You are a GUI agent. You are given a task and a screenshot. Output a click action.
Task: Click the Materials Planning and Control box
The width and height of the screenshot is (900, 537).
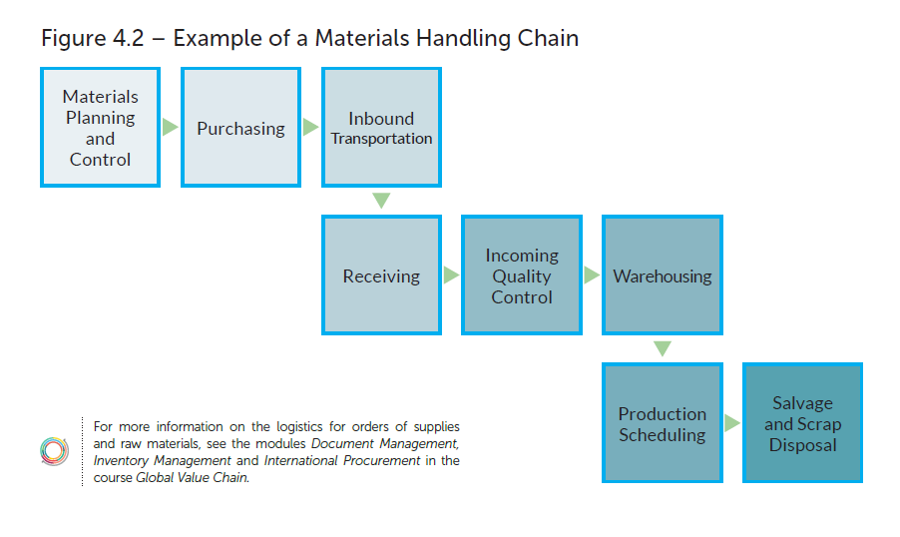coord(100,128)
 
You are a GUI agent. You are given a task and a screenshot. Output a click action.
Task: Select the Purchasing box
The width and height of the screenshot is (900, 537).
coord(240,128)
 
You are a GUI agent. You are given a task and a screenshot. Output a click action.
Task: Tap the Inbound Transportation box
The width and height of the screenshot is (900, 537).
coord(381,128)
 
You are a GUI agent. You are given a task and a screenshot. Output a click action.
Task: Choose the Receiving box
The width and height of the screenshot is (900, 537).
coord(381,275)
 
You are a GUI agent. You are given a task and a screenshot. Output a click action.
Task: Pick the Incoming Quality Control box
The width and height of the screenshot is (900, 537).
coord(522,275)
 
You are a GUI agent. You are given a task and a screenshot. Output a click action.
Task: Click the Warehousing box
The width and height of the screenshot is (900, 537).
coord(663,275)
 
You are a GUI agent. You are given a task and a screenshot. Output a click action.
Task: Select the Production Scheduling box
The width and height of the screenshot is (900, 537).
coord(663,423)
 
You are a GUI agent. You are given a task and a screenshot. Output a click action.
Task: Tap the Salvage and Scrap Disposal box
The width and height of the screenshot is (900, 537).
coord(803,423)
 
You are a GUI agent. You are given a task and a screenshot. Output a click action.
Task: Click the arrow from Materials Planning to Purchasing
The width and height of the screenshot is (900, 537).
coord(171,128)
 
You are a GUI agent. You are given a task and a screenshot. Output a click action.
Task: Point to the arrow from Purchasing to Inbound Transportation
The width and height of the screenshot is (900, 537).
coord(311,128)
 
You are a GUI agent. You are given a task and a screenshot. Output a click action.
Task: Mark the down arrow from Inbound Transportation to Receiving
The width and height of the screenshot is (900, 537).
coord(381,201)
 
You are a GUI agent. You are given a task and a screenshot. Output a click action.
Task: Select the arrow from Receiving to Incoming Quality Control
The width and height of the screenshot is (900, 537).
coord(451,275)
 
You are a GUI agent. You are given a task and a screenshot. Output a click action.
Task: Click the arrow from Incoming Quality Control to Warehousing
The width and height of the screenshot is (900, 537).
coord(592,275)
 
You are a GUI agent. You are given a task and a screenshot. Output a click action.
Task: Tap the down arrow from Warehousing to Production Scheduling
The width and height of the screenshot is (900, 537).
coord(663,348)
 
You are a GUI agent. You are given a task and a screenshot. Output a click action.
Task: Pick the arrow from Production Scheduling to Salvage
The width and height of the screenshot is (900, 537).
coord(732,423)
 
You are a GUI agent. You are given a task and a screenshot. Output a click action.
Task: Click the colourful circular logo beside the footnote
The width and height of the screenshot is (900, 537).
coord(54,451)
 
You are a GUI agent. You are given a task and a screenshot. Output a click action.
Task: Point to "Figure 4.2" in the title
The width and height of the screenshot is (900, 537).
coord(93,39)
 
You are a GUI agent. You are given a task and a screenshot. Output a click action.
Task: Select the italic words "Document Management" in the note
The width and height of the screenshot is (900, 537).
coord(385,442)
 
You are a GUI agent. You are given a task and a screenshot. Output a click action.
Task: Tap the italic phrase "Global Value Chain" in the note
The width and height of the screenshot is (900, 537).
coord(195,477)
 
